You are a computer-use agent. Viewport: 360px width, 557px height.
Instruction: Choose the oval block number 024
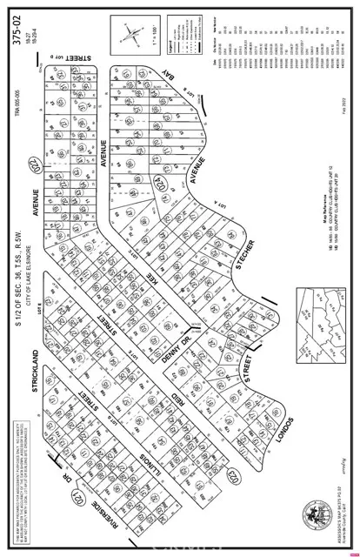point(160,183)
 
